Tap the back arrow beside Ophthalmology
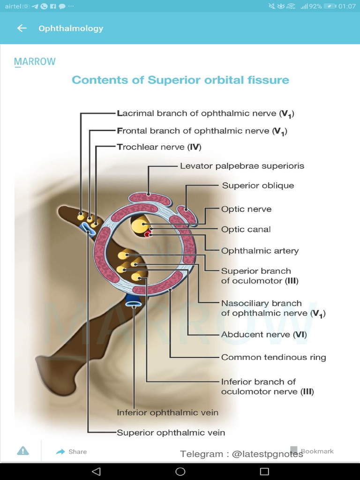point(22,28)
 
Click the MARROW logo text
point(35,62)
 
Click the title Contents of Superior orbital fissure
point(180,80)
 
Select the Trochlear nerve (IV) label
point(159,147)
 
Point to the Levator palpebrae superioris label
point(242,166)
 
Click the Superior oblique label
point(258,186)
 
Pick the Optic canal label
point(246,230)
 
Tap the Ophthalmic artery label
point(260,251)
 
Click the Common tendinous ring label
point(273,357)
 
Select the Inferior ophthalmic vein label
point(167,413)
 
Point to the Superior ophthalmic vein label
point(171,433)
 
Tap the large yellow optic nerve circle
point(139,226)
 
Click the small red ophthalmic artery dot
point(148,234)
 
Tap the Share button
point(72,451)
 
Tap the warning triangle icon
point(23,451)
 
